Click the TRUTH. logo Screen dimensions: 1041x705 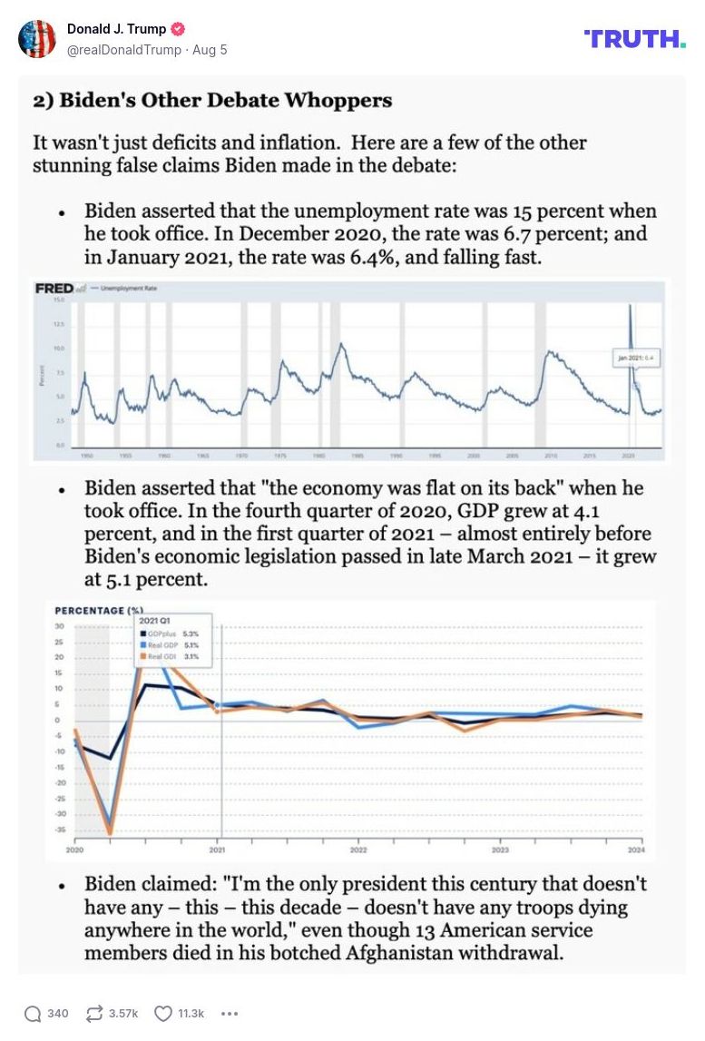635,38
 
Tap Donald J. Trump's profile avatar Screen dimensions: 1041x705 37,39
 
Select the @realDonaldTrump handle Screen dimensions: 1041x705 123,50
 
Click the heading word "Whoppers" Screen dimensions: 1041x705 342,100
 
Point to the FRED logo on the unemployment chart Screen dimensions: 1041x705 54,289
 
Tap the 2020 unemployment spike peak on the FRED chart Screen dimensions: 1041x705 631,306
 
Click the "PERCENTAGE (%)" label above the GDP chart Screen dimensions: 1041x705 100,611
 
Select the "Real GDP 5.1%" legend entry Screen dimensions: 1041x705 172,643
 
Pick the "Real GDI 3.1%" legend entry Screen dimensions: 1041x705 172,654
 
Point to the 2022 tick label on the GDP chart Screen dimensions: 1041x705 358,850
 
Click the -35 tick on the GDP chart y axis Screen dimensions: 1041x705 59,829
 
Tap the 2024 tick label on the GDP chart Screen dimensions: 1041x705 637,850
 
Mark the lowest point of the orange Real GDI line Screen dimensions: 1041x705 111,833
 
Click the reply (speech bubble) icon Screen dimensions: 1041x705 33,1014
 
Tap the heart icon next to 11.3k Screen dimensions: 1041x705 162,1014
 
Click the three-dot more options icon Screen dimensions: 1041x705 229,1014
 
